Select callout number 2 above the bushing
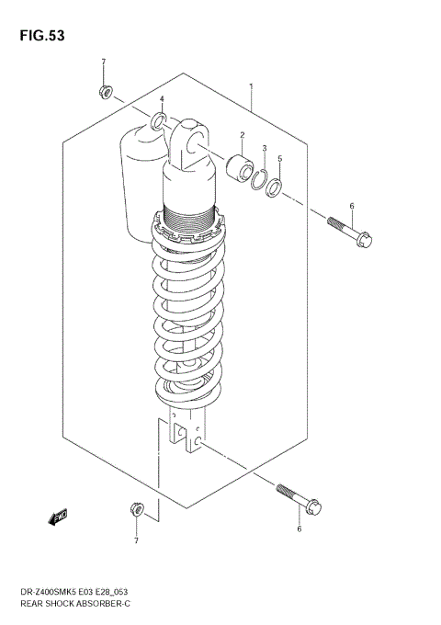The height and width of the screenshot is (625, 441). point(242,136)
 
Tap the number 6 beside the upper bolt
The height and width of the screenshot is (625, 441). point(351,206)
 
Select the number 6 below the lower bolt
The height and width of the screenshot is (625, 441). point(299,528)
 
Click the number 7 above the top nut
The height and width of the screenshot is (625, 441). point(103,62)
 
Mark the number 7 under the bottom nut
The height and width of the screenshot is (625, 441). point(136,540)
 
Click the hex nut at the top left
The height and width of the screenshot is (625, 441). point(104,92)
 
